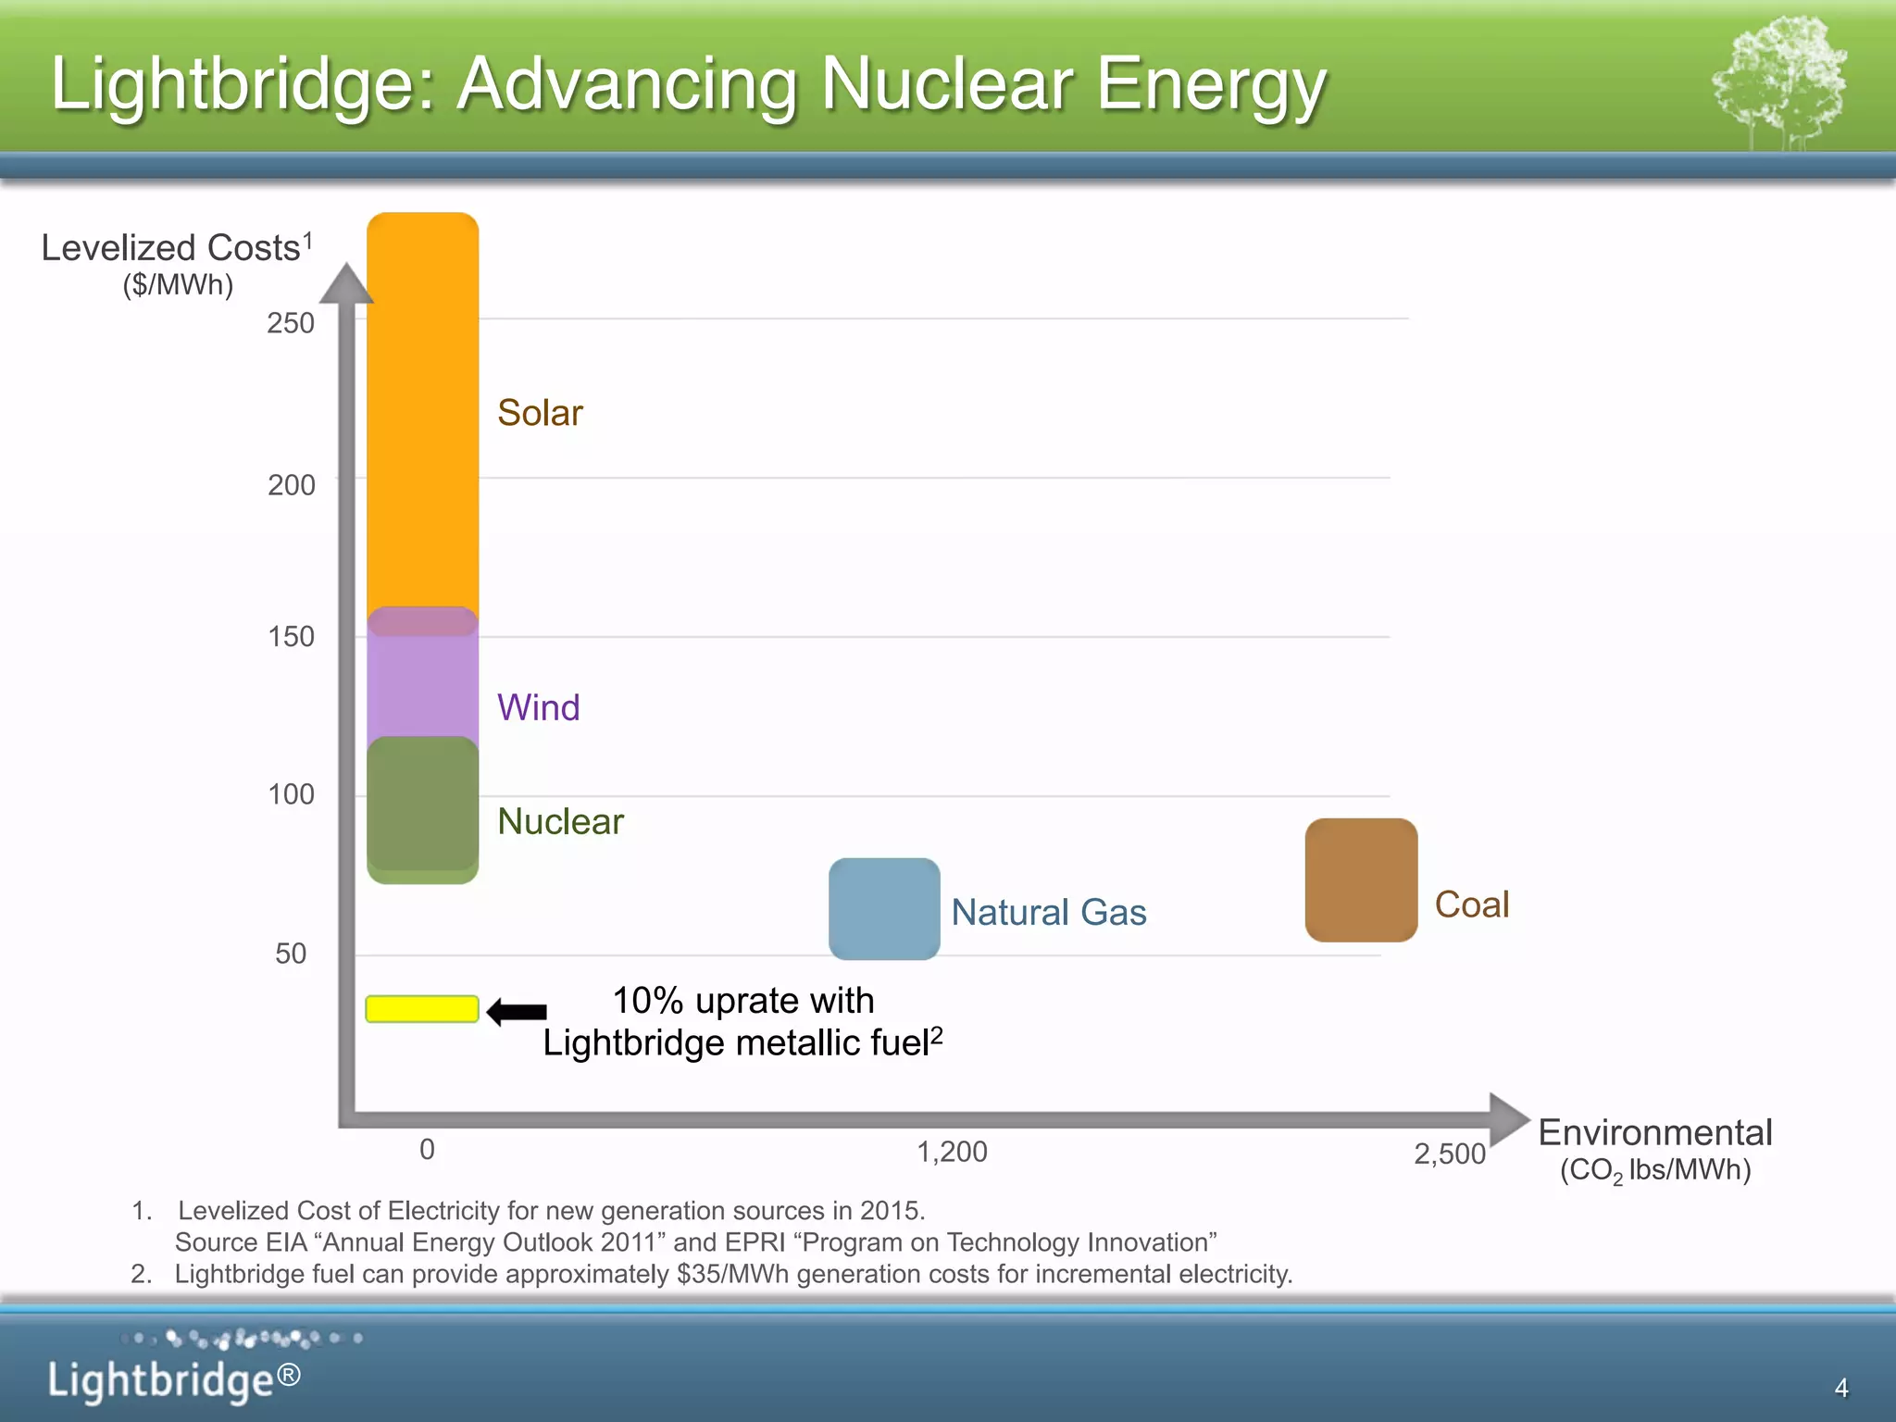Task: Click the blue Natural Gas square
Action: pos(884,908)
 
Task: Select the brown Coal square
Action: pos(1361,879)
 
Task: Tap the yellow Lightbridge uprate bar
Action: pos(422,1009)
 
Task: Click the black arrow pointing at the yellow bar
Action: pos(517,1012)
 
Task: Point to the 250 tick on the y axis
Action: pos(291,323)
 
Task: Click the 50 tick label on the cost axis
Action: pos(291,954)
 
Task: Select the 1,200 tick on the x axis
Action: pos(952,1152)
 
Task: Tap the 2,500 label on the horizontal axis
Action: pos(1449,1154)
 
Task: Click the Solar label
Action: pos(540,413)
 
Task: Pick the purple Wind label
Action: pos(538,707)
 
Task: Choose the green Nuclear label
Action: pos(560,821)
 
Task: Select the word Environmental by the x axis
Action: pos(1654,1132)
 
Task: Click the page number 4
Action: pos(1840,1388)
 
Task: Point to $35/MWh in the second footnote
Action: pos(732,1274)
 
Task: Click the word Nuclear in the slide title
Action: pos(947,83)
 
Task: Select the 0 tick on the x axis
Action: pos(427,1149)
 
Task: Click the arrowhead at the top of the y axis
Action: pos(346,283)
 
